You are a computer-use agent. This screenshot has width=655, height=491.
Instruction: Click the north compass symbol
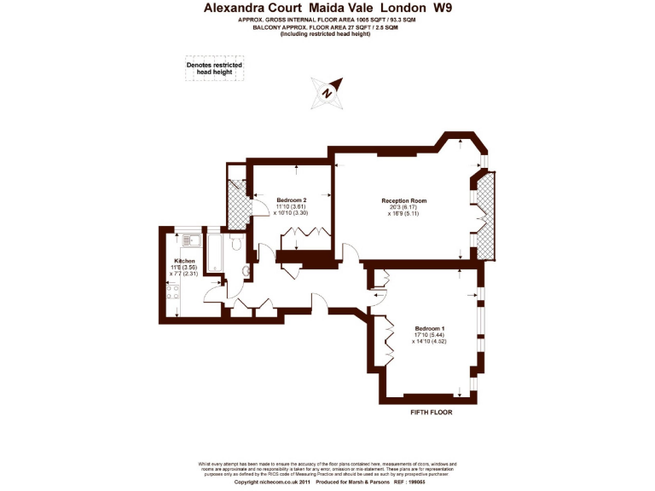click(x=328, y=90)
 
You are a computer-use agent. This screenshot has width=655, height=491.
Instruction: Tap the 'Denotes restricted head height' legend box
click(x=214, y=69)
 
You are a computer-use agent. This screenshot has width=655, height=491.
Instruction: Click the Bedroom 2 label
click(x=292, y=200)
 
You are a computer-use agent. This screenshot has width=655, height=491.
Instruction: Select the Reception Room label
click(x=403, y=201)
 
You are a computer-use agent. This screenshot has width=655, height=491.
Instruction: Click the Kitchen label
click(x=185, y=261)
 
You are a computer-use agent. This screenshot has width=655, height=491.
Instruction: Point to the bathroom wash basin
click(x=246, y=272)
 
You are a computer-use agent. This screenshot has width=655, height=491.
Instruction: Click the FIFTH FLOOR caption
click(x=430, y=412)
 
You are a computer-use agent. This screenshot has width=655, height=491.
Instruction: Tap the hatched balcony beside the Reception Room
click(x=486, y=213)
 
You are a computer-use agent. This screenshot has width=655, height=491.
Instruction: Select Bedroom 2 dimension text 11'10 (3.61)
click(x=291, y=206)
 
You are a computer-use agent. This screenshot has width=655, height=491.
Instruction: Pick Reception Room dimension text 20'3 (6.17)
click(x=403, y=207)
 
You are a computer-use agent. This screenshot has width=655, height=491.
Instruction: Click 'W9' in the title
click(x=443, y=8)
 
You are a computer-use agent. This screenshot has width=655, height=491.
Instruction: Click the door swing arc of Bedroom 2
click(x=259, y=211)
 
